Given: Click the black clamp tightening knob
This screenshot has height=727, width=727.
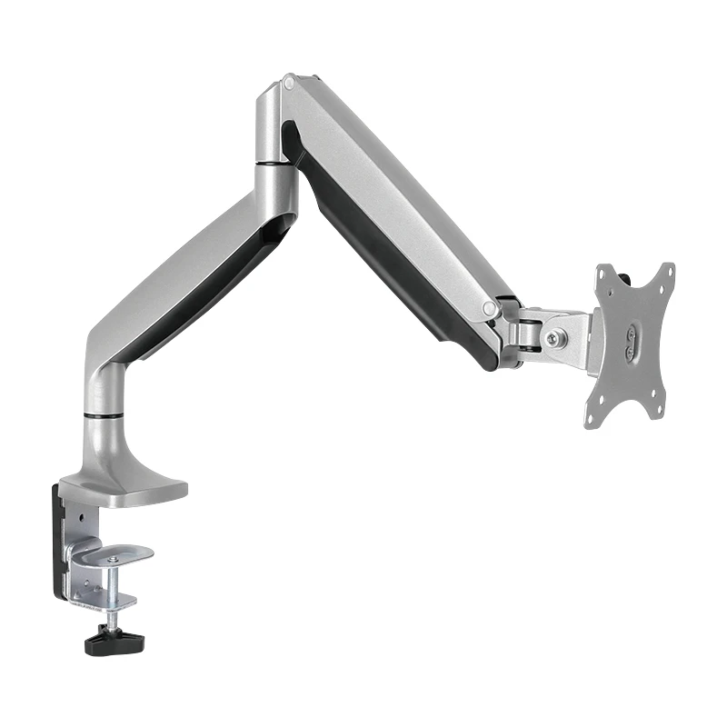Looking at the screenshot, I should [x=106, y=642].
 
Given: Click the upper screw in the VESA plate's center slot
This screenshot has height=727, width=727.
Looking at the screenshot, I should [x=630, y=334].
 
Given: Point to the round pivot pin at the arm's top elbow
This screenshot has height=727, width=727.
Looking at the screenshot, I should [x=288, y=83].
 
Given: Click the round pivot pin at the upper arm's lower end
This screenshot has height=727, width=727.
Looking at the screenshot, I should [x=490, y=309].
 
